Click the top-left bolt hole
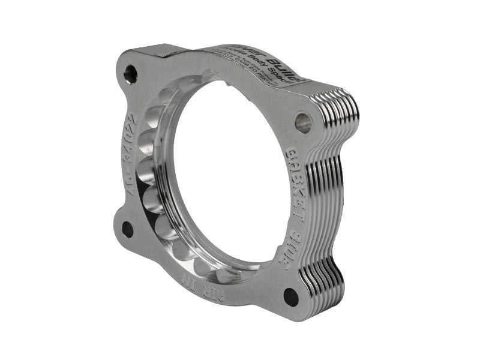(x=130, y=74)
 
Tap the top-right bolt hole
(x=303, y=122)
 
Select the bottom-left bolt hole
(x=127, y=229)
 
